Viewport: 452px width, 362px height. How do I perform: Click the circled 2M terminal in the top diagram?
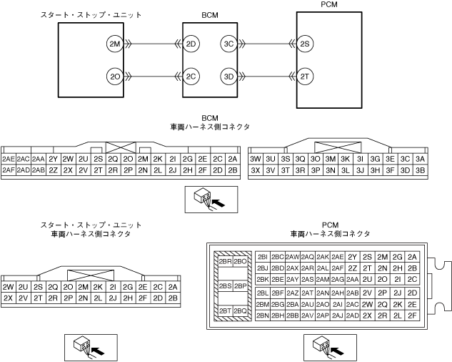tap(114, 44)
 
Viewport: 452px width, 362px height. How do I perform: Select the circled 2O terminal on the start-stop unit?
tap(114, 76)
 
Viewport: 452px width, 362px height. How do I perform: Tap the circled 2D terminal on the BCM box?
tap(191, 44)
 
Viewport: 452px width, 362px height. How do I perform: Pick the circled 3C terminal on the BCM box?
tap(228, 44)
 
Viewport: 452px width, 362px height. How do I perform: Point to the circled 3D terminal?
tap(228, 76)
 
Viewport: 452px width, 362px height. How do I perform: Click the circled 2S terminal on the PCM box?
tap(305, 44)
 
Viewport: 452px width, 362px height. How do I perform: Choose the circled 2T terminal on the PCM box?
tap(305, 76)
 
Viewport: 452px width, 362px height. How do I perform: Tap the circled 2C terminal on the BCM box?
tap(191, 76)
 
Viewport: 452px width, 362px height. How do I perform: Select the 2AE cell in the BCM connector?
tap(9, 159)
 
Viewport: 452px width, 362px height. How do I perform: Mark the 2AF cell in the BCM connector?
tap(9, 170)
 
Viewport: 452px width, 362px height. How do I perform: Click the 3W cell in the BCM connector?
tap(255, 159)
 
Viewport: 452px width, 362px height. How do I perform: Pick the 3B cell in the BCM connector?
tap(420, 170)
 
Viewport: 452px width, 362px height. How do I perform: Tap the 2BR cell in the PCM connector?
tap(226, 261)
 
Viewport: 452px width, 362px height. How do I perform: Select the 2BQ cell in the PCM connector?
tap(241, 311)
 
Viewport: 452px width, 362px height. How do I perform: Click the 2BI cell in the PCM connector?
tap(262, 257)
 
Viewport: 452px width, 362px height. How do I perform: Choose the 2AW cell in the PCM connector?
tap(292, 257)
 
